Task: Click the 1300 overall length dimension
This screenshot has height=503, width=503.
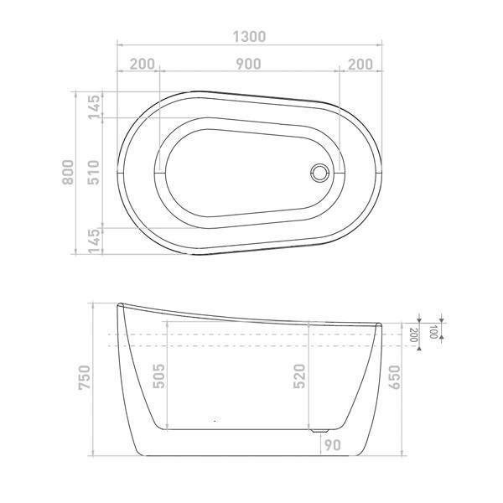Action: (x=249, y=36)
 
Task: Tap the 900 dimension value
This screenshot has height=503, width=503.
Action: (x=248, y=65)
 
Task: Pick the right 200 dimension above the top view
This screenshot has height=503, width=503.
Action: (x=359, y=65)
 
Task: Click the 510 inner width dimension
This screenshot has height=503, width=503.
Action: (x=94, y=172)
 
